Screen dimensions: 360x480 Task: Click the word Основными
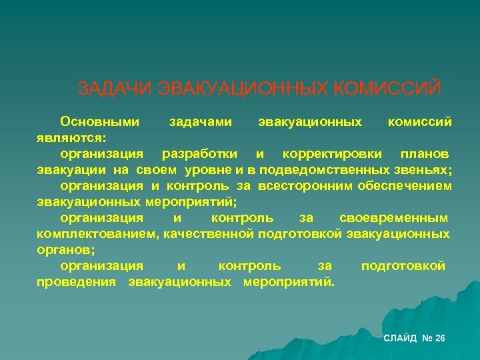[99, 122]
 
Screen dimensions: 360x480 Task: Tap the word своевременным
[394, 218]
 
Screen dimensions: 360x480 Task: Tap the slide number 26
[439, 339]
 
